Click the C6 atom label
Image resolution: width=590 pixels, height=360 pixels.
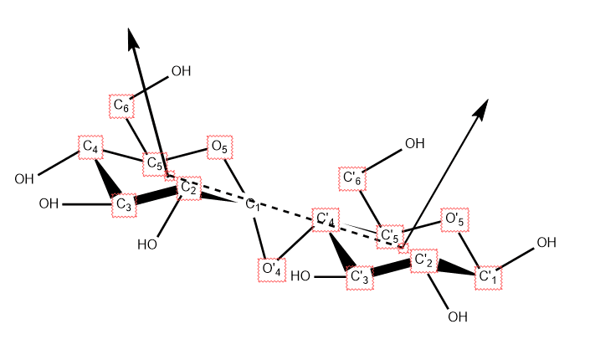[x=121, y=106]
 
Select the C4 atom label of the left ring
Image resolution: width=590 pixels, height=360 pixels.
[x=91, y=147]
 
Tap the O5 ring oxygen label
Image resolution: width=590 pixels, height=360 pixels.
[x=219, y=147]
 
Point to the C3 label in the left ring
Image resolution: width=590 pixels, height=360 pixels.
[x=124, y=204]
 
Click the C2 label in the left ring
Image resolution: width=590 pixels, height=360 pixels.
[x=189, y=189]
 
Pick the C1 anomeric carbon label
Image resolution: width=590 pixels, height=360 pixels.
[x=253, y=204]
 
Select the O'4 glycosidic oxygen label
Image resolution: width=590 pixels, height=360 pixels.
[x=272, y=270]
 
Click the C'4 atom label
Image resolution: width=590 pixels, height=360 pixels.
[x=326, y=221]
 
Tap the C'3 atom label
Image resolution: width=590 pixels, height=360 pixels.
[x=360, y=277]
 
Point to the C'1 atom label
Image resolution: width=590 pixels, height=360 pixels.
[x=488, y=276]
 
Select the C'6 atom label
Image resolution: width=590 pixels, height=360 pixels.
[x=352, y=179]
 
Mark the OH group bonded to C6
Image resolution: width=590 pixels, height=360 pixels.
[x=181, y=72]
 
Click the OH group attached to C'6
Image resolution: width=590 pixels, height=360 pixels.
[x=414, y=144]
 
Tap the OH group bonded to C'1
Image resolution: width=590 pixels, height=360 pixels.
[x=546, y=243]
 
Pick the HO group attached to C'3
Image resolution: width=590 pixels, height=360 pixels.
[x=301, y=276]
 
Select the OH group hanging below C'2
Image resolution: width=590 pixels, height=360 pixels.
[x=457, y=316]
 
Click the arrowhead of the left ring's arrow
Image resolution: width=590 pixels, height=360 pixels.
[x=131, y=37]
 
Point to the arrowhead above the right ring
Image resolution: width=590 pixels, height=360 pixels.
[x=482, y=108]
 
